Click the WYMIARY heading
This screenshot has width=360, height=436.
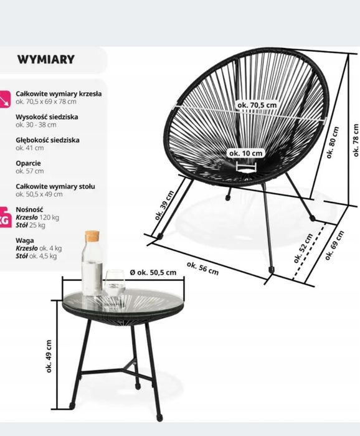click(46, 60)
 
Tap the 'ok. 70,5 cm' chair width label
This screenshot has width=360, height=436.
click(257, 105)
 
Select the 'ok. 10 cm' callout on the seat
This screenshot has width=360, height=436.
click(246, 153)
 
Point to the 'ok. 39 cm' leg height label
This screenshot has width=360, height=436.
click(164, 205)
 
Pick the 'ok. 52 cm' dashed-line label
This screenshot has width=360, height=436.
click(303, 249)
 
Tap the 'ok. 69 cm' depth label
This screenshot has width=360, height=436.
click(334, 245)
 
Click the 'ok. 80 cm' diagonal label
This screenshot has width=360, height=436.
click(333, 143)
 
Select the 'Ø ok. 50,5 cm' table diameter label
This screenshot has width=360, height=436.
click(153, 272)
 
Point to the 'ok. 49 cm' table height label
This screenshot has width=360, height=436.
click(49, 356)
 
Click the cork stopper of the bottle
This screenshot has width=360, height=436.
click(92, 237)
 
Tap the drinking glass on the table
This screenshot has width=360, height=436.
click(115, 283)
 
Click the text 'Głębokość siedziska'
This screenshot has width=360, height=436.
click(47, 140)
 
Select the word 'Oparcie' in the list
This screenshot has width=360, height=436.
click(28, 163)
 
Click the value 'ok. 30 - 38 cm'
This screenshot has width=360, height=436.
click(36, 125)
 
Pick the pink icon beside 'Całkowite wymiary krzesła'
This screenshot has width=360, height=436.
click(4, 99)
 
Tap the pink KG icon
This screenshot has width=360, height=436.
click(5, 217)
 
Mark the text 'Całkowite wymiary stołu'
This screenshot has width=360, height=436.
click(55, 186)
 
